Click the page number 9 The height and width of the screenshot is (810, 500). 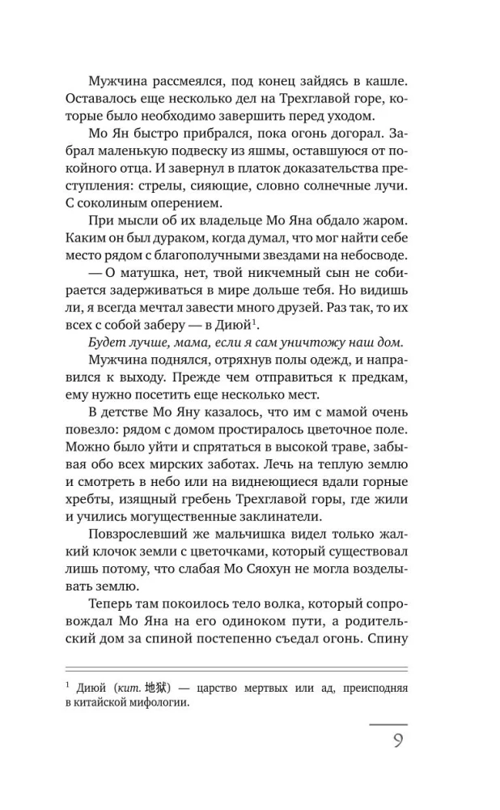click(x=397, y=742)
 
